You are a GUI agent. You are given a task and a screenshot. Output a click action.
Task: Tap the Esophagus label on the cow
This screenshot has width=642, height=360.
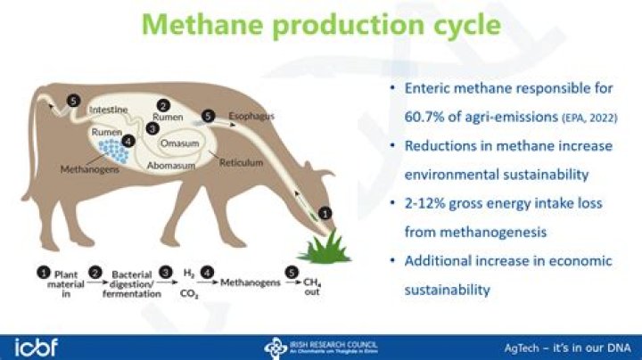coord(251,116)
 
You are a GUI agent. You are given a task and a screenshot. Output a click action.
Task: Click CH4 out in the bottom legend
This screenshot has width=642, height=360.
coord(311,288)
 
